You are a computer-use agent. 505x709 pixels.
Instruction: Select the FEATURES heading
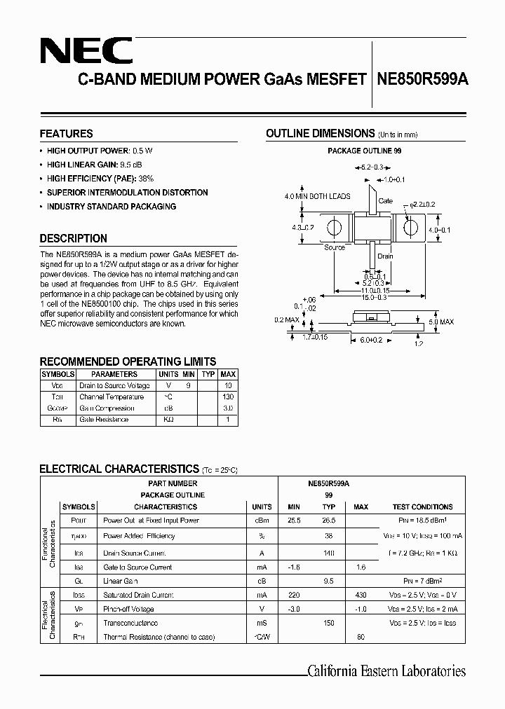click(66, 134)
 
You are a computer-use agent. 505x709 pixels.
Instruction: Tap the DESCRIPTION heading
click(73, 238)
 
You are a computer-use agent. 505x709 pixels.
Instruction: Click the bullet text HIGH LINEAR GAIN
click(78, 165)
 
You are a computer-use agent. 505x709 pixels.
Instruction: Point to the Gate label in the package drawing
click(386, 201)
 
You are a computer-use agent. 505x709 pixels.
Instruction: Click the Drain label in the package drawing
click(385, 256)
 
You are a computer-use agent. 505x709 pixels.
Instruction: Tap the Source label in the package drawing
click(335, 247)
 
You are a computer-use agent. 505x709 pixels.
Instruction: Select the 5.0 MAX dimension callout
click(440, 322)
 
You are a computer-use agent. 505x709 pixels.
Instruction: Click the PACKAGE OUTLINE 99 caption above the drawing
click(364, 151)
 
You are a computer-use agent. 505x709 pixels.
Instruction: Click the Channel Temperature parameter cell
click(112, 397)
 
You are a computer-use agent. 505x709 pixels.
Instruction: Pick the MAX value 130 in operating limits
click(228, 397)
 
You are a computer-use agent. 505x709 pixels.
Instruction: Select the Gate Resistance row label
click(104, 420)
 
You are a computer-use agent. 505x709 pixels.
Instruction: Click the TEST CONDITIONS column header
click(422, 507)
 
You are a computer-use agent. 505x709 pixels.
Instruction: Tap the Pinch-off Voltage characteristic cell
click(129, 609)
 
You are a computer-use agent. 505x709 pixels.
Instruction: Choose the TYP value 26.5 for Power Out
click(328, 521)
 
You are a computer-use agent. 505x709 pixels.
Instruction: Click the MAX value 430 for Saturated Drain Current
click(361, 595)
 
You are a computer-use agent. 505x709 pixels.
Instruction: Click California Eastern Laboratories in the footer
click(386, 671)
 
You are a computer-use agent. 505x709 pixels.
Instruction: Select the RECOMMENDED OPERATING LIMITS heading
click(128, 362)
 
